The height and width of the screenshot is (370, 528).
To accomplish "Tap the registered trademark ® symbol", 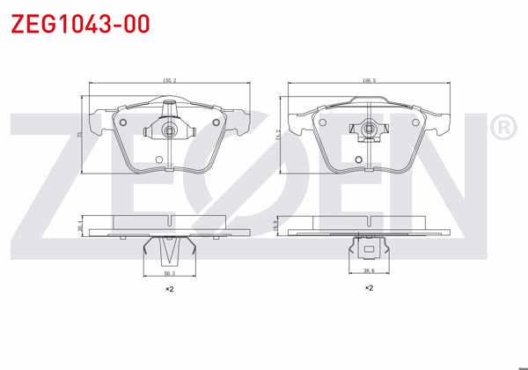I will [502, 129].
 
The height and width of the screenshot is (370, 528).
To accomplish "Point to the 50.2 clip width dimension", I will [168, 274].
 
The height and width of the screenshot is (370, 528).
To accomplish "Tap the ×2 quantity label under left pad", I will [170, 289].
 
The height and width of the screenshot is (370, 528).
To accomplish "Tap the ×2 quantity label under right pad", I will [370, 287].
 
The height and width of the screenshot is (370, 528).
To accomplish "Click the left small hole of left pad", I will [123, 122].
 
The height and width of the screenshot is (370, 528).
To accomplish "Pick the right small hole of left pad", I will [216, 122].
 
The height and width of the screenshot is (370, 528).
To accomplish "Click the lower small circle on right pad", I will [359, 159].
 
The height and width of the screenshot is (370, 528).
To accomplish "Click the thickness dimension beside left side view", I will [80, 226].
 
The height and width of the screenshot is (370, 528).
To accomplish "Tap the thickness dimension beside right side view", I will [278, 226].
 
